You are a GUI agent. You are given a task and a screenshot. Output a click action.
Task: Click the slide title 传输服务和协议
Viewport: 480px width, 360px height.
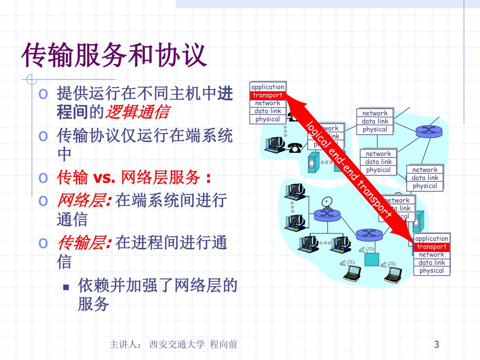click(x=114, y=55)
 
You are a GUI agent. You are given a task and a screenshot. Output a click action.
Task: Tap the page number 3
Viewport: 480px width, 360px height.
click(x=436, y=345)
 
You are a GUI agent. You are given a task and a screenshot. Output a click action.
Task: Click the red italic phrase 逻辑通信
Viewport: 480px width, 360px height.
click(x=138, y=112)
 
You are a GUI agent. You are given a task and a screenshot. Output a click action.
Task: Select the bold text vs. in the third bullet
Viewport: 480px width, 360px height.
click(x=104, y=178)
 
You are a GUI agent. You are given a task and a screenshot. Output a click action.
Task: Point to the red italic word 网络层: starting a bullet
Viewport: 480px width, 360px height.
click(x=84, y=201)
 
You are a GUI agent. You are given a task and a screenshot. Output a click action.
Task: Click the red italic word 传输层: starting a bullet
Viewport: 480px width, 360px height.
click(x=84, y=243)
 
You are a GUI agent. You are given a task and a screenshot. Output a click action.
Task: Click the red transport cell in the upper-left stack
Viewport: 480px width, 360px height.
click(x=268, y=95)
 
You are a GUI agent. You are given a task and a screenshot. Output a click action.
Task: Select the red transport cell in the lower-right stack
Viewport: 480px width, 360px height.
click(x=432, y=247)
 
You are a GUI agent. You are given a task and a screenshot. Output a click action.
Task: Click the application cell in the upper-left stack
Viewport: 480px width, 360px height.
click(x=268, y=87)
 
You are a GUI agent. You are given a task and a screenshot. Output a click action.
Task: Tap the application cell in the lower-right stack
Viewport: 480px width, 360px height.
click(x=432, y=239)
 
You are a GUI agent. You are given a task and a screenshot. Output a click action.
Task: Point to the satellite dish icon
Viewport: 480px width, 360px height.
click(x=327, y=202)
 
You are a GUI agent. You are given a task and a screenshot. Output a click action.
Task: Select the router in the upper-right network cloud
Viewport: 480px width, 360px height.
click(x=427, y=129)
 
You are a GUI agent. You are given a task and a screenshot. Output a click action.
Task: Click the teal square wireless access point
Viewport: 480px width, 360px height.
click(x=372, y=258)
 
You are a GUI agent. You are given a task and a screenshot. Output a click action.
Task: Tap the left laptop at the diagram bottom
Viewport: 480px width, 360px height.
click(x=351, y=273)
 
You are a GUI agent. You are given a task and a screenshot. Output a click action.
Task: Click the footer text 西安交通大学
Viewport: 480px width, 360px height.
click(x=177, y=345)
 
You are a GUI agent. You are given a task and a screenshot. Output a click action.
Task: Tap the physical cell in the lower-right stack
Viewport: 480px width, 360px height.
click(x=432, y=270)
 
